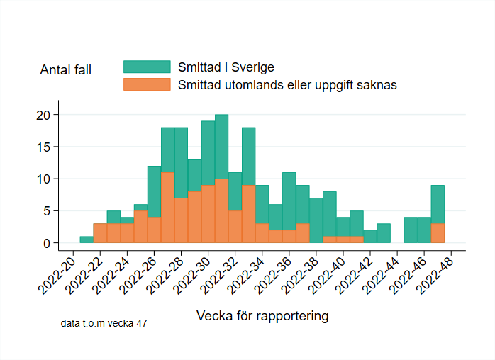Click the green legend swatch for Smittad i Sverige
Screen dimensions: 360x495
click(x=147, y=67)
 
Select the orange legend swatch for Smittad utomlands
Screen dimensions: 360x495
click(x=147, y=84)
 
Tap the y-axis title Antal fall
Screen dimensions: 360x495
click(x=65, y=69)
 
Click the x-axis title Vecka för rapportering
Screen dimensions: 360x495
click(x=262, y=316)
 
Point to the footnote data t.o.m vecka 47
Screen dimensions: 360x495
click(x=104, y=323)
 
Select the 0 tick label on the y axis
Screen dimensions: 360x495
click(x=46, y=243)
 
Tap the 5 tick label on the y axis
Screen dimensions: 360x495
click(x=46, y=211)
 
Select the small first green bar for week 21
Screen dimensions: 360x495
click(x=86, y=240)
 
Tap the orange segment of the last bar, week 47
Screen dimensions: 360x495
click(x=438, y=233)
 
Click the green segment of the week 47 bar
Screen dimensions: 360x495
click(x=438, y=204)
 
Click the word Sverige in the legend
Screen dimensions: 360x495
click(x=252, y=67)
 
